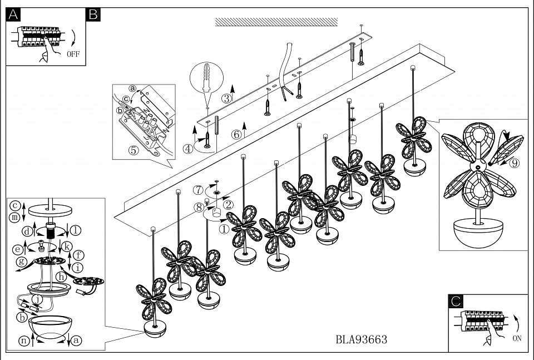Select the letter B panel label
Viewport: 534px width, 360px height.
[x=93, y=15]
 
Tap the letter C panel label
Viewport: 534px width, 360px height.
[x=456, y=302]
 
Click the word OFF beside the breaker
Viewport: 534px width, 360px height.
[x=73, y=55]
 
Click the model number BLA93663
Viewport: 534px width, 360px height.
[x=362, y=339]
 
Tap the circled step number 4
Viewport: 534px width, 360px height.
[x=189, y=148]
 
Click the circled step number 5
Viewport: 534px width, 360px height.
[x=133, y=150]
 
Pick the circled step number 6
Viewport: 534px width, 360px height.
[x=236, y=134]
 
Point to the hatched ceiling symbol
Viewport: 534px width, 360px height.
[x=276, y=22]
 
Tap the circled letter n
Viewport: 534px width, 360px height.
[x=24, y=341]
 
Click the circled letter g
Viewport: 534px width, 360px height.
[x=22, y=261]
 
